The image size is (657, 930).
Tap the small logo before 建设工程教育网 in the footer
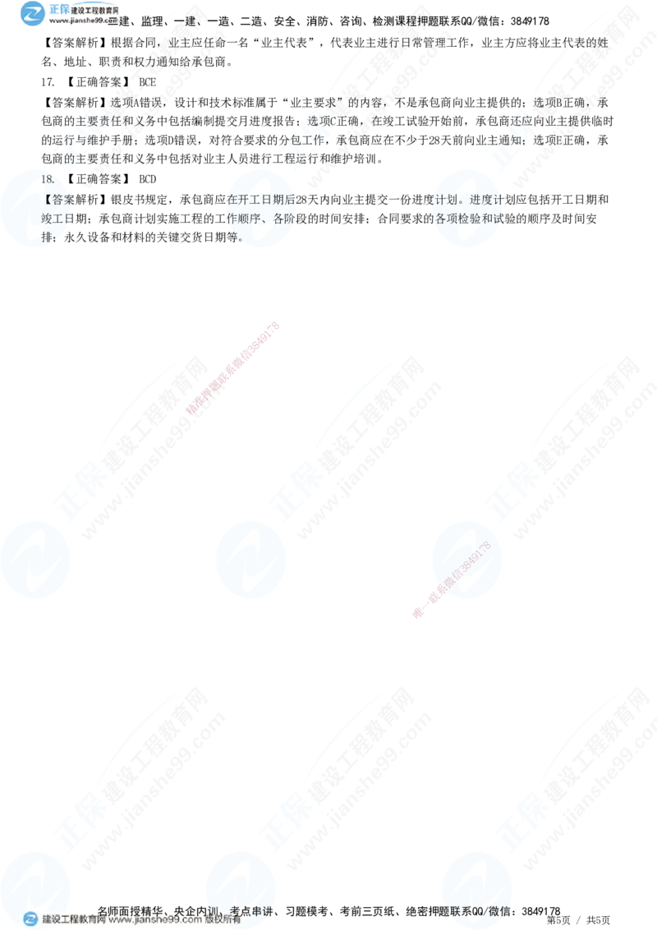[30, 919]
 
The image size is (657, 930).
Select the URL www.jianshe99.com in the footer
[155, 919]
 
